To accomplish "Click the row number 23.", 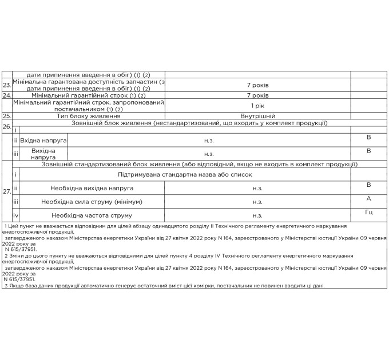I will pyautogui.click(x=7, y=86).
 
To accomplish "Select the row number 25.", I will pyautogui.click(x=7, y=116).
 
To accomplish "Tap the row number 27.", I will pyautogui.click(x=7, y=192).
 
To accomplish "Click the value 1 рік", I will pyautogui.click(x=257, y=106).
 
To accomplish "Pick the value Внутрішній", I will pyautogui.click(x=257, y=116).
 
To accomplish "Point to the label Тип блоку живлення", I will pyautogui.click(x=88, y=116).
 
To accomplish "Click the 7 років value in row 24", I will pyautogui.click(x=257, y=95).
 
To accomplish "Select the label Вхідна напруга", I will pyautogui.click(x=43, y=139).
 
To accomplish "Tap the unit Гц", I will pyautogui.click(x=369, y=213).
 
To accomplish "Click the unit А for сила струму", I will pyautogui.click(x=369, y=198).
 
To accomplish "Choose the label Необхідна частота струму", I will pyautogui.click(x=92, y=215).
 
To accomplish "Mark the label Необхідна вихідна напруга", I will pyautogui.click(x=92, y=187).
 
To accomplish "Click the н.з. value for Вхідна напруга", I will pyautogui.click(x=209, y=139).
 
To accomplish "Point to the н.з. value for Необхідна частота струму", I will pyautogui.click(x=257, y=215).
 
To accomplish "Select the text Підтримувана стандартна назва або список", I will pyautogui.click(x=184, y=174).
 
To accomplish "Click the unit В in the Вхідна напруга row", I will pyautogui.click(x=369, y=137).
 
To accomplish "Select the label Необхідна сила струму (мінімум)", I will pyautogui.click(x=92, y=202).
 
